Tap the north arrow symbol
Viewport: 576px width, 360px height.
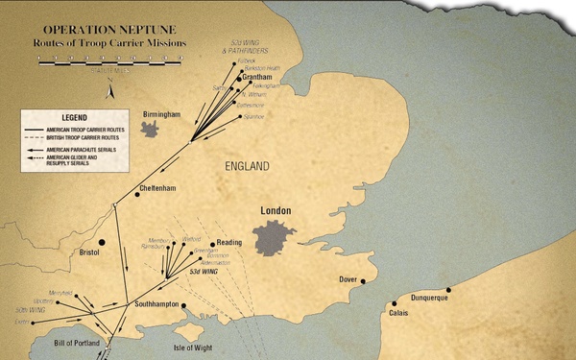(x=112, y=91)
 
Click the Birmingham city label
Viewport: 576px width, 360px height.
(x=160, y=114)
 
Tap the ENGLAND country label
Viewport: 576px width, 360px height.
(x=247, y=166)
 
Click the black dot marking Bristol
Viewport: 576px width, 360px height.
(x=101, y=243)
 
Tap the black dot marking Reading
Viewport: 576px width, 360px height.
(x=212, y=244)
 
